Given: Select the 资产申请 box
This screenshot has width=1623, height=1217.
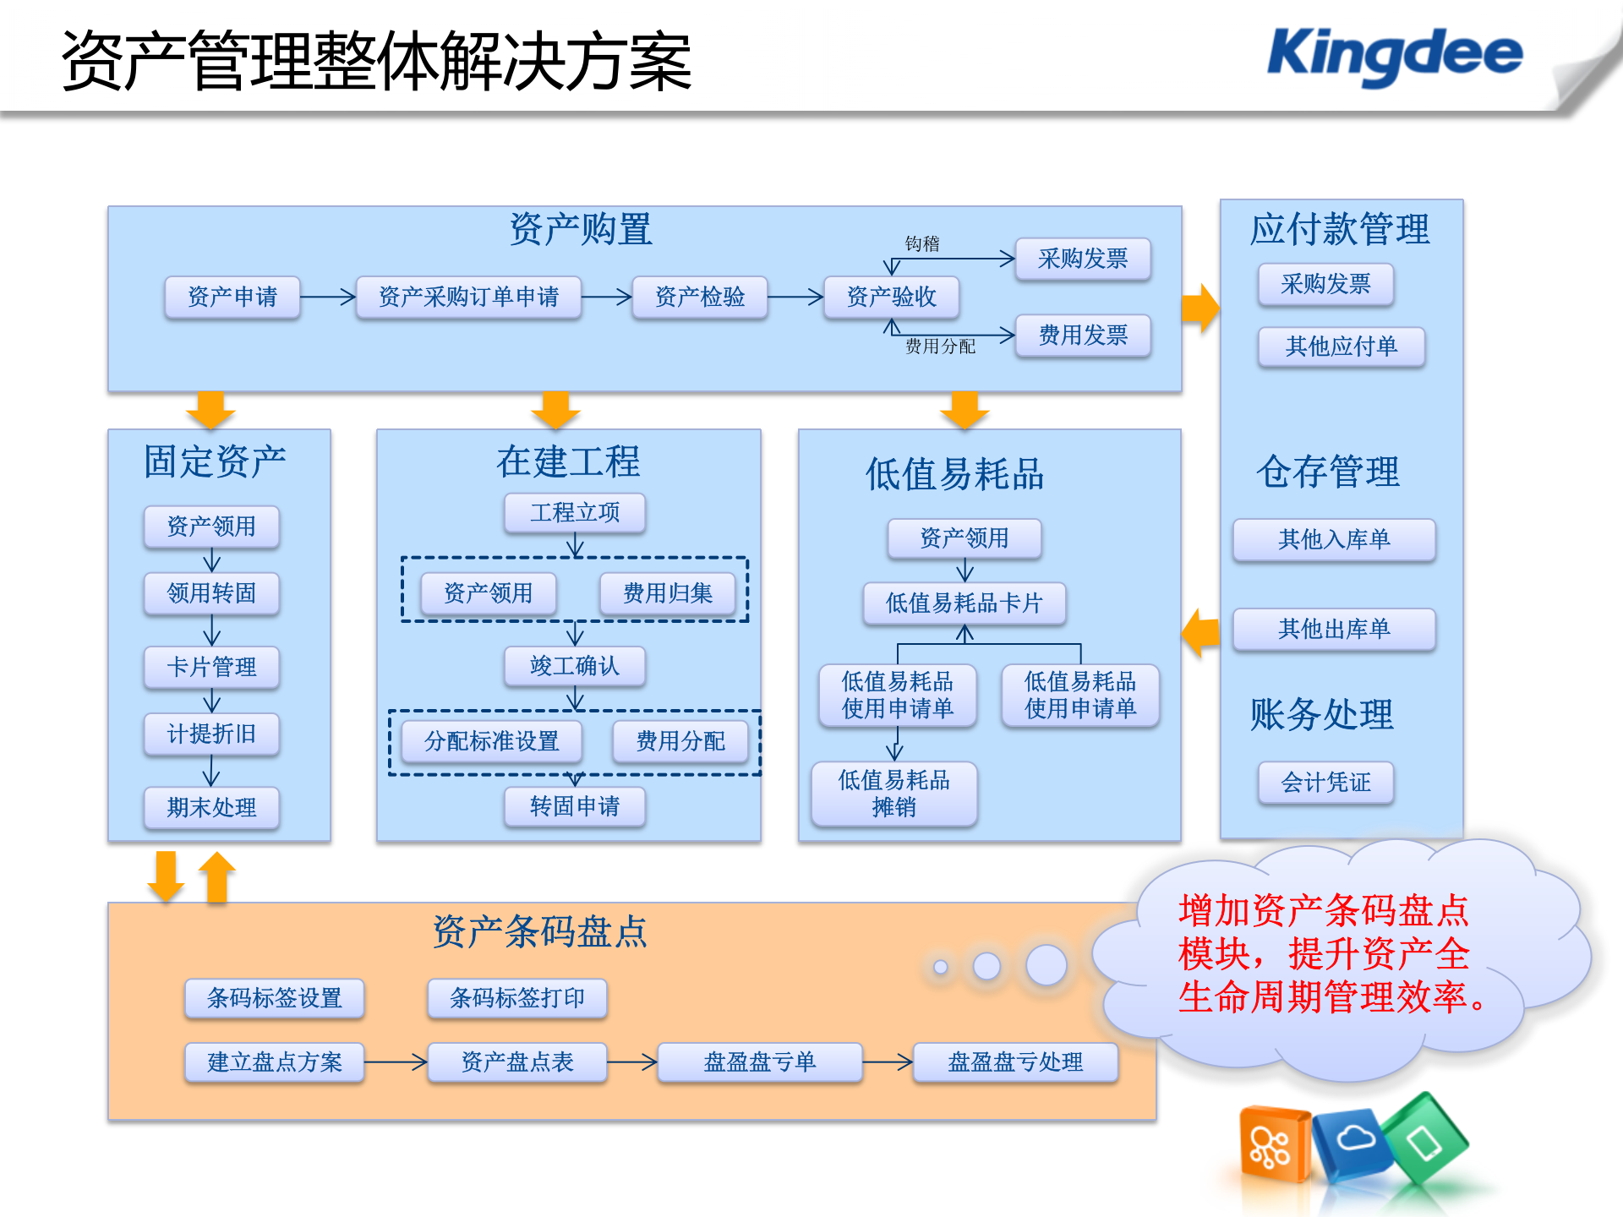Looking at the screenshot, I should click(x=232, y=297).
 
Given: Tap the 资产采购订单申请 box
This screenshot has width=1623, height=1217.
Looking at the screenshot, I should click(x=468, y=297).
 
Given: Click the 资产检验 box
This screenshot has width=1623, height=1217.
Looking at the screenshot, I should click(x=699, y=297).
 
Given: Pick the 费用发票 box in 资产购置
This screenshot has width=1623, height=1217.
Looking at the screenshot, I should click(x=1082, y=336).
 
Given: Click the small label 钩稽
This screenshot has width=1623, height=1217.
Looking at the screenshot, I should click(x=921, y=244).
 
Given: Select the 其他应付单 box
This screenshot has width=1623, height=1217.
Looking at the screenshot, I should click(x=1341, y=347).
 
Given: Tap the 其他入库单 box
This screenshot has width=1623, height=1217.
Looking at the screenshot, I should click(x=1333, y=539).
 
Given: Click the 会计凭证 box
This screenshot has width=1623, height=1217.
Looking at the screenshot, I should click(x=1325, y=783).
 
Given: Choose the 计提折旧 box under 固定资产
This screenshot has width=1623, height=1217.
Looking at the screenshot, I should click(x=211, y=734).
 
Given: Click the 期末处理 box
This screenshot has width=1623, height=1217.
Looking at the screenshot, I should click(x=211, y=808).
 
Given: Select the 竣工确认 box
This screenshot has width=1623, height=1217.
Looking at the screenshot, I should click(x=575, y=666).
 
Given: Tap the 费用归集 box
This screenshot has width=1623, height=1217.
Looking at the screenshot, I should click(x=667, y=593).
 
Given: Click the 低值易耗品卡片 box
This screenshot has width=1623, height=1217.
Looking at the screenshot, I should click(x=964, y=603).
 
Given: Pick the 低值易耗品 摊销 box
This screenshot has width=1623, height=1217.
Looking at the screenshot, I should click(x=893, y=794).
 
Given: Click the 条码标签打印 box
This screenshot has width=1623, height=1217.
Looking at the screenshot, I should click(x=516, y=998).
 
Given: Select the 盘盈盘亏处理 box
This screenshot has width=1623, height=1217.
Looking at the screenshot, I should click(x=1014, y=1062).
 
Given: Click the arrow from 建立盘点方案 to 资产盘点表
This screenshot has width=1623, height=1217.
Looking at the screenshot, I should click(x=396, y=1061).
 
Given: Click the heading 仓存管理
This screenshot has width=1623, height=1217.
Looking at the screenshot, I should click(x=1327, y=472).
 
